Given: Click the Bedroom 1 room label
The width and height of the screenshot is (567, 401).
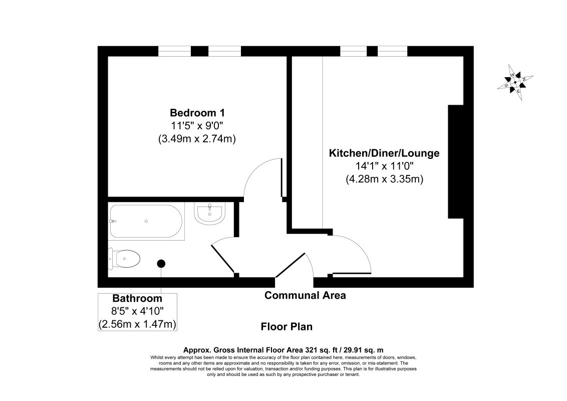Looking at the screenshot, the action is tap(197, 113).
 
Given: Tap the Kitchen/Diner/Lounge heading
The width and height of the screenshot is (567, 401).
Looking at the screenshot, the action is tap(384, 153).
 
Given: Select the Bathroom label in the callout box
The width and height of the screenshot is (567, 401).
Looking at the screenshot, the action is tap(137, 299).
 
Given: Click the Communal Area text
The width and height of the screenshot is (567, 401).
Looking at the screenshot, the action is tap(305, 295).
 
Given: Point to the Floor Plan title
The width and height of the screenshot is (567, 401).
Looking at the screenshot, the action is tap(287, 327).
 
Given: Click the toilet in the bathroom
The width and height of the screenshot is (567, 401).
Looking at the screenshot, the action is tap(124, 259).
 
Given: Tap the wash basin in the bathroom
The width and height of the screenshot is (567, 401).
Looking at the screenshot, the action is tap(210, 214).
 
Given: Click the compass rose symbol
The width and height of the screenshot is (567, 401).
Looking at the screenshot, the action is tap(515, 83).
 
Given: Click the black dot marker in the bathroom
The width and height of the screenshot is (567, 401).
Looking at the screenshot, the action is tap(161, 264).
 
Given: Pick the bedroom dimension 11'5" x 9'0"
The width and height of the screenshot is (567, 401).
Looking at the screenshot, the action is tap(197, 126).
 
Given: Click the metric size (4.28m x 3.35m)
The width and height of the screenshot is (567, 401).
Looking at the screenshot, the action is tap(384, 179).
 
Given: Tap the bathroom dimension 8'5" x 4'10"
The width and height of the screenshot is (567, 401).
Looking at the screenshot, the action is tap(137, 311).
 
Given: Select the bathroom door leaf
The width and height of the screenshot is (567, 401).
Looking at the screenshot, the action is tap(223, 259).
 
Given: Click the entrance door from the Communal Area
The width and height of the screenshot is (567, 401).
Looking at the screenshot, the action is tap(291, 265).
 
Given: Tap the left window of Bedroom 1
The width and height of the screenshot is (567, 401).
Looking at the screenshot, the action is tap(174, 51).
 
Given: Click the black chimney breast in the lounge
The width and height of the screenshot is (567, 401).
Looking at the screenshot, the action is tap(456, 162).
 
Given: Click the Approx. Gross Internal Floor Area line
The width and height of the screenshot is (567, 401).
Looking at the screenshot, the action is tap(283, 350).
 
